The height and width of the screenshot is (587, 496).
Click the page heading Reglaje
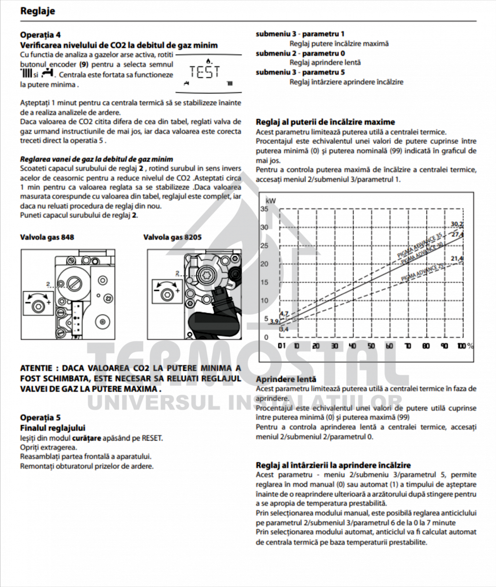38,11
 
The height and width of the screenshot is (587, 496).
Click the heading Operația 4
41,35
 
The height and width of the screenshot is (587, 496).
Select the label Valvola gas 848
47,237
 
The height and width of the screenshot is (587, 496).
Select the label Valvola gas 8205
172,237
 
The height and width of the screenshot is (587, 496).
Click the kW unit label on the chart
271,201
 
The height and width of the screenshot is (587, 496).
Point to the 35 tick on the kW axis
264,209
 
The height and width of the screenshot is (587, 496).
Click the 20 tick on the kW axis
264,264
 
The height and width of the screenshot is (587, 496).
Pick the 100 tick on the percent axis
462,346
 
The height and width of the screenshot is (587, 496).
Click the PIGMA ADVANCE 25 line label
424,271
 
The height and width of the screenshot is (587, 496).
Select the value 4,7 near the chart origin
284,313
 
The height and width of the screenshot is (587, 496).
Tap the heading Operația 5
41,417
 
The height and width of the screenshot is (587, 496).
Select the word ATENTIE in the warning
36,368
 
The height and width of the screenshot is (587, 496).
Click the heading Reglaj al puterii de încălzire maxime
325,122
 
